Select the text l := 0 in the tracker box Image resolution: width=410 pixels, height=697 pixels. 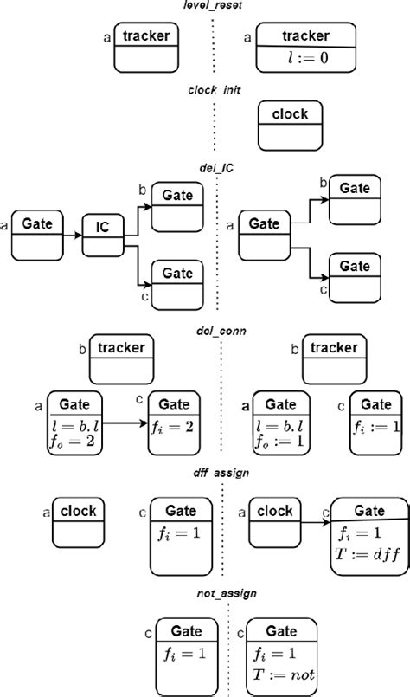coord(307,59)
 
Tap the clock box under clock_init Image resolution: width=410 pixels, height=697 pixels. coord(290,124)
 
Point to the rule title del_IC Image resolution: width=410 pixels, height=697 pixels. coord(216,170)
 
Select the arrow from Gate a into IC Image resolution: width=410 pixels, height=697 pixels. coord(74,234)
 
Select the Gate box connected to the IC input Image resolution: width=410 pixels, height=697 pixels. coord(37,235)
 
